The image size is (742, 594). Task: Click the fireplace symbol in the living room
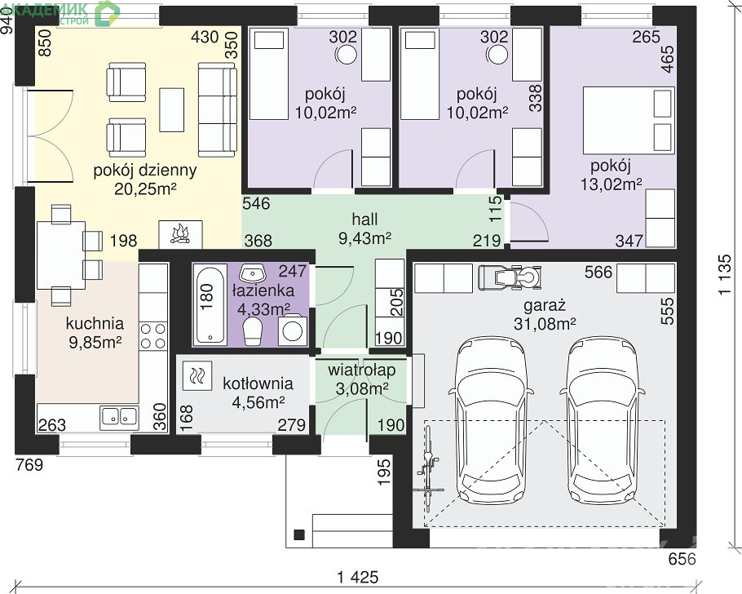180,234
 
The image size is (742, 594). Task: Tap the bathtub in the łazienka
210,306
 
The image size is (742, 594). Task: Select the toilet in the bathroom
252,330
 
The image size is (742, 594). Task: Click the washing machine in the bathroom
292,330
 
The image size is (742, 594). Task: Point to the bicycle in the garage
429,469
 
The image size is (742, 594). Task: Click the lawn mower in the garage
509,277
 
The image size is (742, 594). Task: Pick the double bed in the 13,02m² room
629,120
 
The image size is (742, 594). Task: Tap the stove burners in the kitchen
153,335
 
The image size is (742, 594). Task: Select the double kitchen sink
119,417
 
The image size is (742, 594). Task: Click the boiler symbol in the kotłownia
197,375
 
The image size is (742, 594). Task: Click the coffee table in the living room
172,110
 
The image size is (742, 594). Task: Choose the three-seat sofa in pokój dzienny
217,109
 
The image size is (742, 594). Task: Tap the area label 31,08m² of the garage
545,324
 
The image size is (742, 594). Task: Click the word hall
364,219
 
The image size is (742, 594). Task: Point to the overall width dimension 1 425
358,578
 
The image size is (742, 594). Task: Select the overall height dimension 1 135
725,275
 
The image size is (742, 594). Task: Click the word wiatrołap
361,370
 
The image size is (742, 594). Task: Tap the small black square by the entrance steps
299,534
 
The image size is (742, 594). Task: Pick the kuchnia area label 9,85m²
95,342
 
